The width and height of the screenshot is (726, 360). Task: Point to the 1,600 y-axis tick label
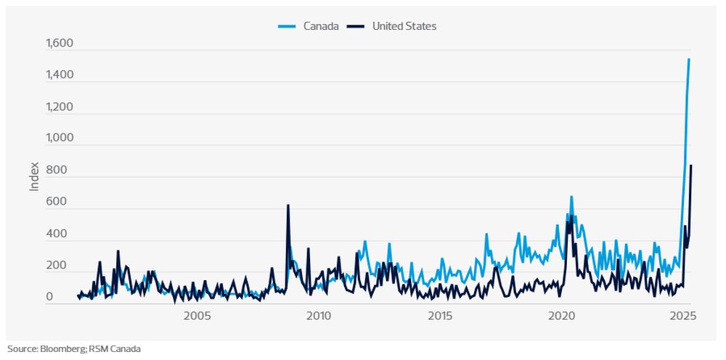[x=60, y=44]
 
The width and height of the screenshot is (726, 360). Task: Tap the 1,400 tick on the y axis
[x=60, y=76]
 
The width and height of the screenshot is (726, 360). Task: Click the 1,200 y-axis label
[x=60, y=107]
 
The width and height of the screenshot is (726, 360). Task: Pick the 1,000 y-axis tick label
[x=60, y=139]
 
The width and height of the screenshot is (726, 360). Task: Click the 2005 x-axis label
[x=197, y=316]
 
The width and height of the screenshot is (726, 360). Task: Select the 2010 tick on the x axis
[x=319, y=316]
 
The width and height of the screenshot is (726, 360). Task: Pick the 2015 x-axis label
[x=440, y=316]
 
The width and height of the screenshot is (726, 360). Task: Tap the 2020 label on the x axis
[x=561, y=316]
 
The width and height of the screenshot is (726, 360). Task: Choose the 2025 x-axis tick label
[x=682, y=316]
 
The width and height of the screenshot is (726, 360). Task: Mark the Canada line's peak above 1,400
[x=689, y=60]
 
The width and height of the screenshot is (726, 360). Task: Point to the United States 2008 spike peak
[x=288, y=205]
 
